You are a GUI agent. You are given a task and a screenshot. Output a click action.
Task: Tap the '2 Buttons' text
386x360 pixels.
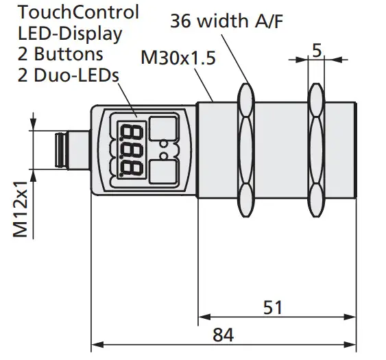pos(60,53)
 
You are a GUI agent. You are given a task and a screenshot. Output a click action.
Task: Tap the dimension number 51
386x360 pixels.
pos(273,307)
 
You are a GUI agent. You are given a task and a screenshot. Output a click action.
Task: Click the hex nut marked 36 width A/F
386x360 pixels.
pos(247,150)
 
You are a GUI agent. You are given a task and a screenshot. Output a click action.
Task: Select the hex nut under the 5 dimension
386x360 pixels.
pos(316,150)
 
